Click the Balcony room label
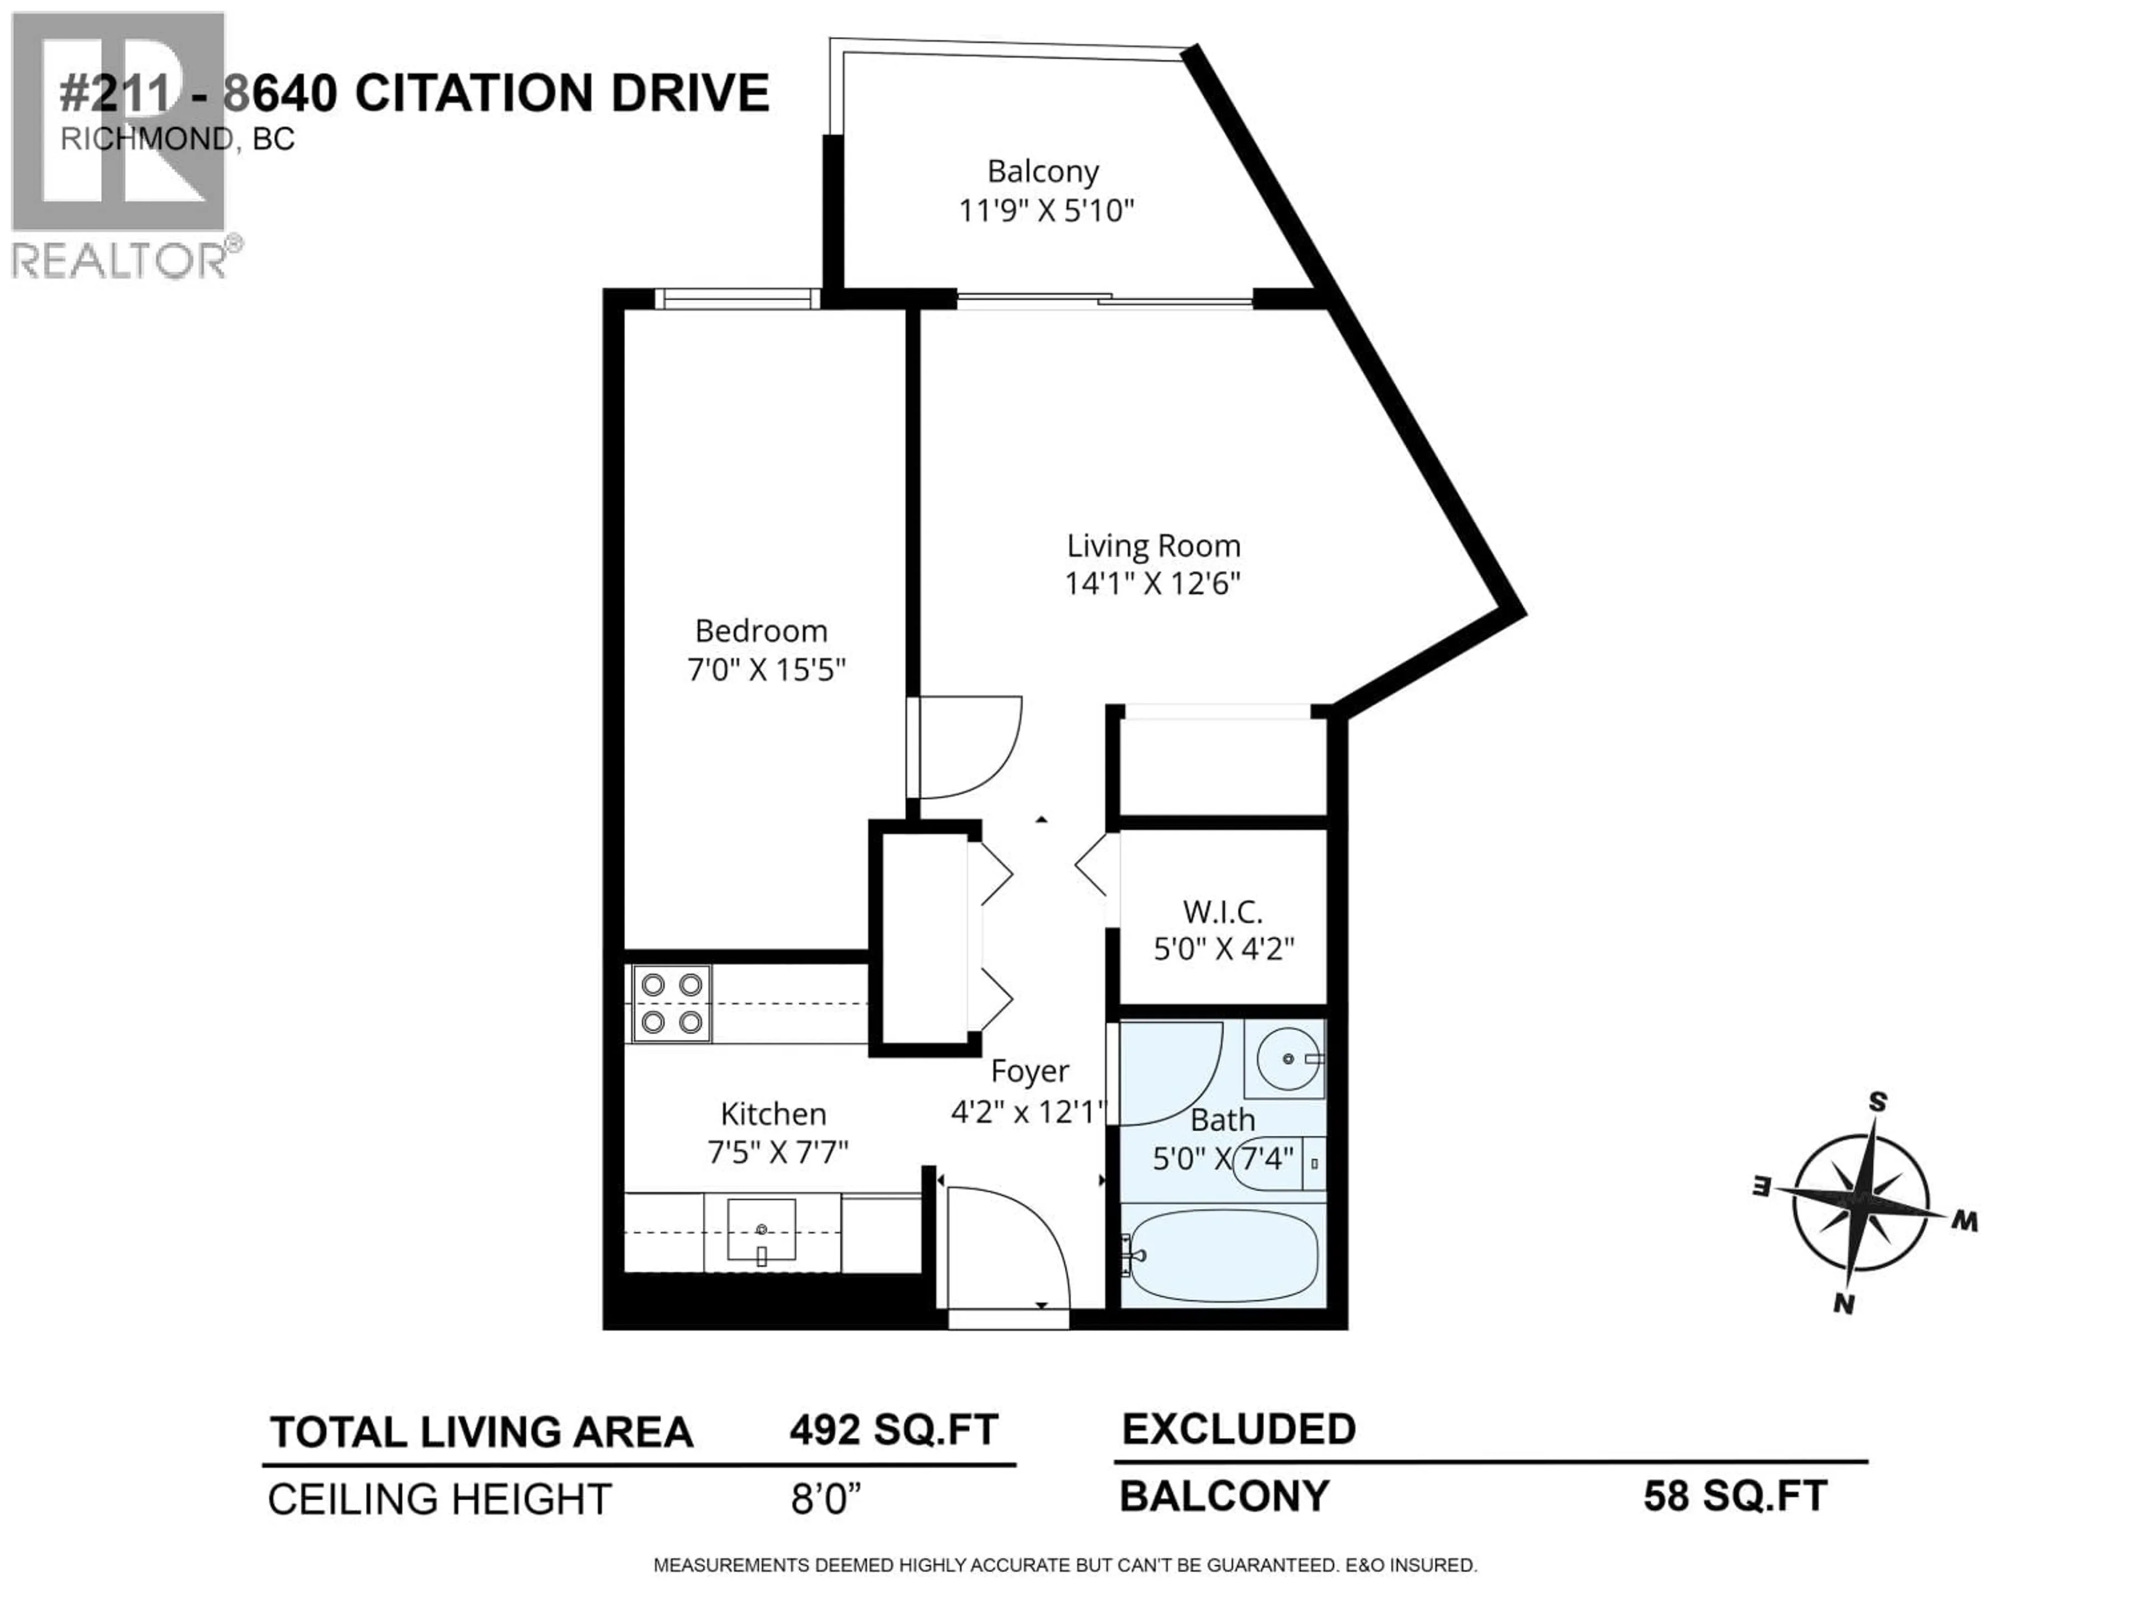coord(1043,171)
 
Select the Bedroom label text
coord(760,631)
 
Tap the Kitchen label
coord(773,1115)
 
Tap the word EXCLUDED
coord(1238,1429)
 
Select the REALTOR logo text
coord(120,260)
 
